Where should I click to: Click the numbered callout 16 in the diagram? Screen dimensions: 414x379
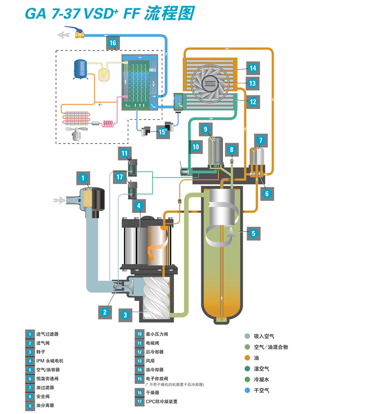pos(113,43)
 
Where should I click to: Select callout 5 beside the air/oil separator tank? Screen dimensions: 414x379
pos(254,233)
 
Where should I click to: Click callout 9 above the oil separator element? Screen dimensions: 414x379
pos(205,129)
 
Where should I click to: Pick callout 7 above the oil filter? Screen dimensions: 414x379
pos(260,140)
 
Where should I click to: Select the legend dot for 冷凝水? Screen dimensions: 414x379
pos(247,380)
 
